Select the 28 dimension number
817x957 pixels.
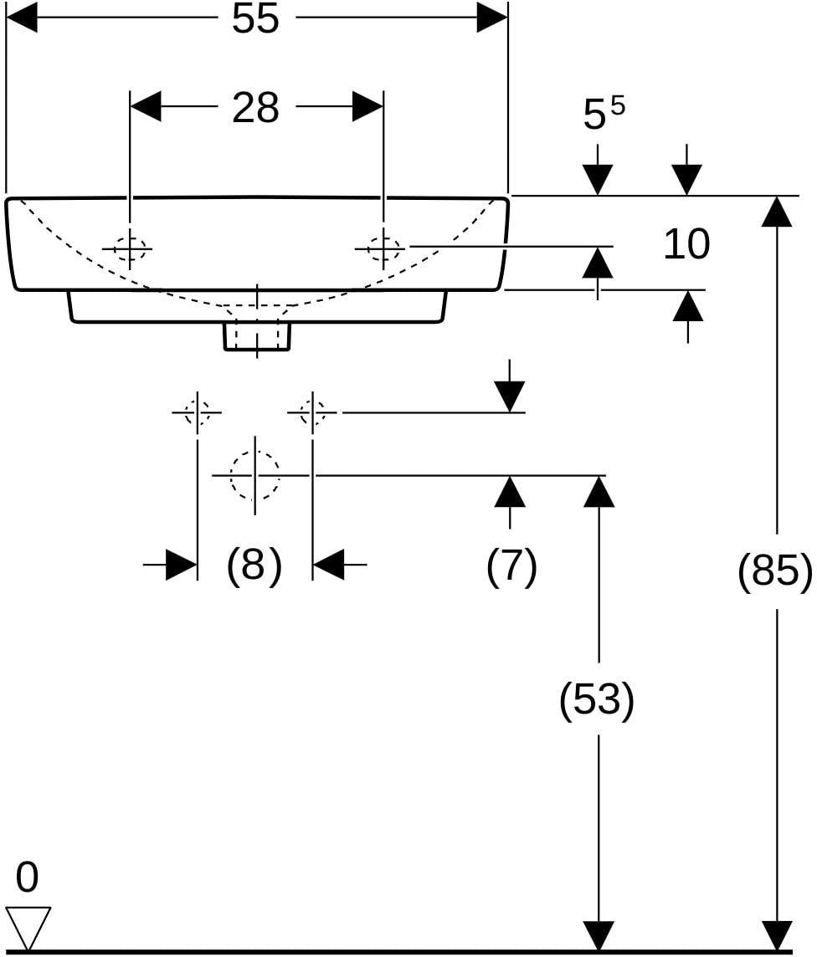click(255, 107)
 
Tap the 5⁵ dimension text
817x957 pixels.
click(604, 112)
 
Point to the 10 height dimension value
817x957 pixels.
click(687, 243)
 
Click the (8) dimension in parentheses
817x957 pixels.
click(254, 565)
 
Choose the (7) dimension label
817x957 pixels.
click(511, 565)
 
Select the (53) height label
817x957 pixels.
click(597, 699)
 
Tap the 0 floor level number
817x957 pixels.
click(27, 878)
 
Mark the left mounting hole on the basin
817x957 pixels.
click(129, 248)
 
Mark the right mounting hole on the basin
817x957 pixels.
click(383, 248)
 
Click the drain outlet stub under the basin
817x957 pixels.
click(257, 335)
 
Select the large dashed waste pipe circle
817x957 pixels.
click(255, 475)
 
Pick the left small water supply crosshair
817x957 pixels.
click(198, 412)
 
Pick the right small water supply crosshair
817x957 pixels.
click(312, 412)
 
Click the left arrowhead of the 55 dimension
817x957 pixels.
click(22, 17)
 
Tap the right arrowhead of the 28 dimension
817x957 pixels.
click(367, 107)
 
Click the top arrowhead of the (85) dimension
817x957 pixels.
click(777, 212)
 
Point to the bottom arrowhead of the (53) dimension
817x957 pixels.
click(599, 935)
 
